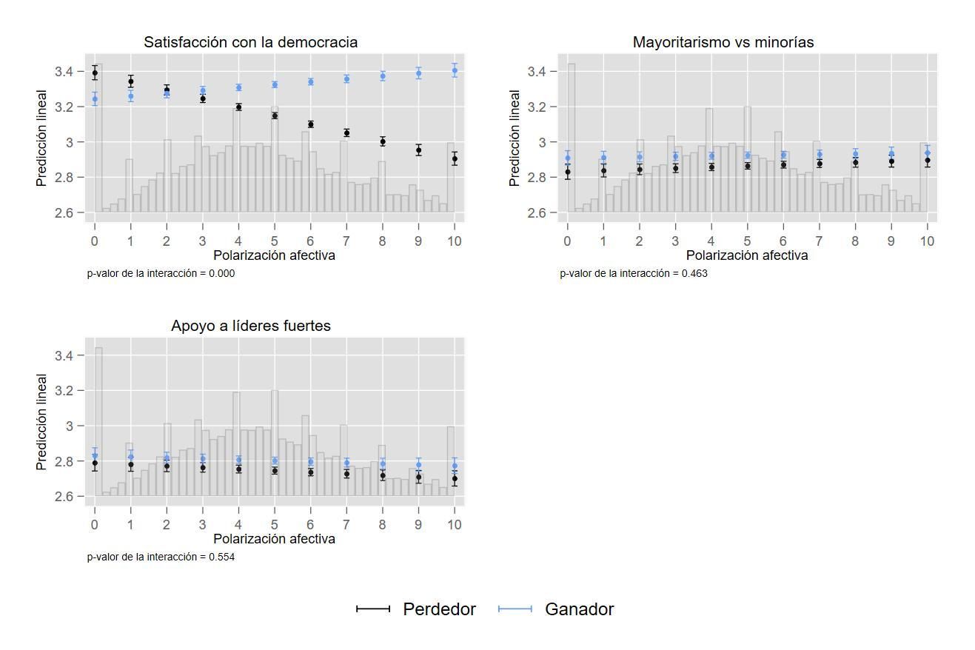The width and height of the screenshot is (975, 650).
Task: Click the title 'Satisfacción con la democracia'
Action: (250, 42)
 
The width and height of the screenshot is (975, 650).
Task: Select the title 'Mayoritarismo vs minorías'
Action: (723, 42)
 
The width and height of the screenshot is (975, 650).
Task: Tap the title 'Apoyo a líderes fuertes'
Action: (250, 326)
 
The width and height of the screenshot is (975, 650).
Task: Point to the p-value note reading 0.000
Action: (161, 273)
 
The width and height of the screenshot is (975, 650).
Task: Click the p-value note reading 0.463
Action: (633, 273)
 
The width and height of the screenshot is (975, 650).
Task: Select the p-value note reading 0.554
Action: (161, 557)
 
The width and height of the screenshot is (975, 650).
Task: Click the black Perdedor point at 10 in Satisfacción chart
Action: (455, 159)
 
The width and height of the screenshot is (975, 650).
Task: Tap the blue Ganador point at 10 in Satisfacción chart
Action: (455, 71)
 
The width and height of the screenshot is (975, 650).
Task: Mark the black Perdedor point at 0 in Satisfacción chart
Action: (95, 73)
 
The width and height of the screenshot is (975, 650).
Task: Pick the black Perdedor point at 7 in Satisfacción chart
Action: (346, 133)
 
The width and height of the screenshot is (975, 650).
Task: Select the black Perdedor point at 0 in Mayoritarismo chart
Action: (568, 172)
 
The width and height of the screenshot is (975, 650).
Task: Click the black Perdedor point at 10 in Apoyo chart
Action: (455, 479)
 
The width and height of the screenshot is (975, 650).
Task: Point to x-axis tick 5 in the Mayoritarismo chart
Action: (747, 241)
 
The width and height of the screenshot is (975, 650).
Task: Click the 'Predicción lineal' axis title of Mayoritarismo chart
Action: (515, 138)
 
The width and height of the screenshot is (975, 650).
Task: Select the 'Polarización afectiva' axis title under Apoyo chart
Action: (274, 539)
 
